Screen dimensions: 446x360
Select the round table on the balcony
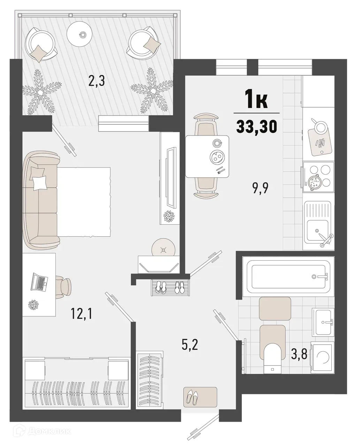click(x=82, y=34)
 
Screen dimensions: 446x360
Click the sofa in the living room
click(x=41, y=201)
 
